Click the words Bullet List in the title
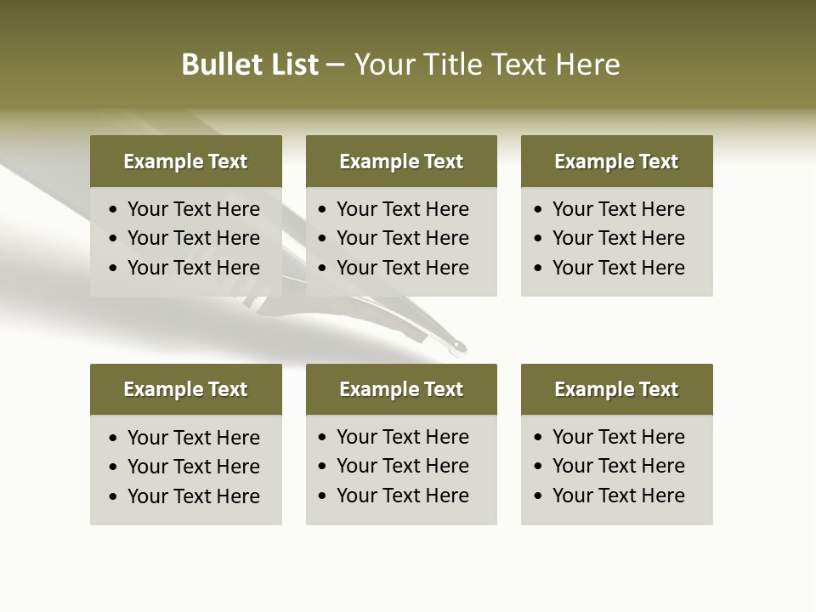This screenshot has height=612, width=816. (x=250, y=65)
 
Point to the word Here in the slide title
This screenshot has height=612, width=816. (x=587, y=65)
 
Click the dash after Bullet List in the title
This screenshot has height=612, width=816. (x=336, y=65)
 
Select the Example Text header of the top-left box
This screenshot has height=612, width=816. (x=185, y=161)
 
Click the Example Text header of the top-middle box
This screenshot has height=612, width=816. (x=401, y=161)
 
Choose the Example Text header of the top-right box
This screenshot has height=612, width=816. (x=616, y=161)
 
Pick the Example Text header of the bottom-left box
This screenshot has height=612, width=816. (x=185, y=389)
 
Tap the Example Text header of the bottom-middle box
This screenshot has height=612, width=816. (x=401, y=389)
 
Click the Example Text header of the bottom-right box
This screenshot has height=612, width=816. (x=616, y=389)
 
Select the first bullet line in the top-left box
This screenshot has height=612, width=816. (x=194, y=209)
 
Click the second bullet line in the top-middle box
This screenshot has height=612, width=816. (x=403, y=238)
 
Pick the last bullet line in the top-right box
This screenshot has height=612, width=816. (x=619, y=268)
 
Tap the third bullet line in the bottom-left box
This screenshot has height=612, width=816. (x=194, y=496)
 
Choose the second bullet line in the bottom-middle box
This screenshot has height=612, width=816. (x=403, y=466)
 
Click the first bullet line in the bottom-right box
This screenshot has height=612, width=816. (x=619, y=437)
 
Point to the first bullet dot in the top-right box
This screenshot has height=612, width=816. (x=538, y=210)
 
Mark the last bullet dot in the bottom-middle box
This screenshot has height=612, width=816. (x=322, y=496)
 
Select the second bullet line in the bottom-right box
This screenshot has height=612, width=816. (x=619, y=466)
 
